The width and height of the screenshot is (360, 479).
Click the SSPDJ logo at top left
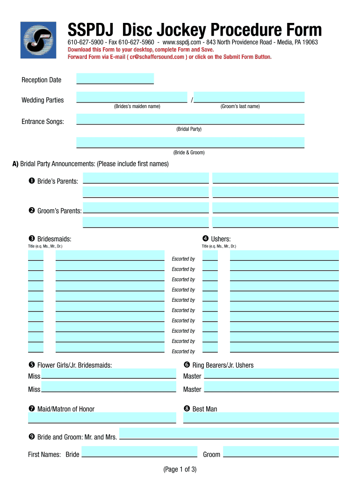coord(38,40)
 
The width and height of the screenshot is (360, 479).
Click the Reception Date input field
coord(115,79)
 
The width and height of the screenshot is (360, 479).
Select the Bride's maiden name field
coord(131,97)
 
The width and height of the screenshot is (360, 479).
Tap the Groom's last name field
coord(249,97)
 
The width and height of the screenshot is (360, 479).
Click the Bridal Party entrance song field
coord(190,119)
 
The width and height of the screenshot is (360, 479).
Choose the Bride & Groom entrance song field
coord(190,142)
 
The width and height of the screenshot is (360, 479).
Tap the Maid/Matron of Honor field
coord(102,418)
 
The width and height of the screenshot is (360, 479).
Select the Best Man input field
coord(261,418)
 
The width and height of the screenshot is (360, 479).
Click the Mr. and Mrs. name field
coord(229,433)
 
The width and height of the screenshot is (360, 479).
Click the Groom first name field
coord(281,451)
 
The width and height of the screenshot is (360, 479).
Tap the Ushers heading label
coord(221,239)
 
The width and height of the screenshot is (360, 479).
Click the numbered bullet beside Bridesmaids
coord(32,239)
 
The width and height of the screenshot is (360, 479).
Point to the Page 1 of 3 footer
coord(180,469)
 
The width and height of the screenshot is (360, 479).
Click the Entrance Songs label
coord(43,122)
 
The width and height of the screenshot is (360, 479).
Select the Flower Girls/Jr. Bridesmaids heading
coord(74,365)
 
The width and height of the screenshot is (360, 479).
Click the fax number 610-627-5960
coord(138,42)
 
